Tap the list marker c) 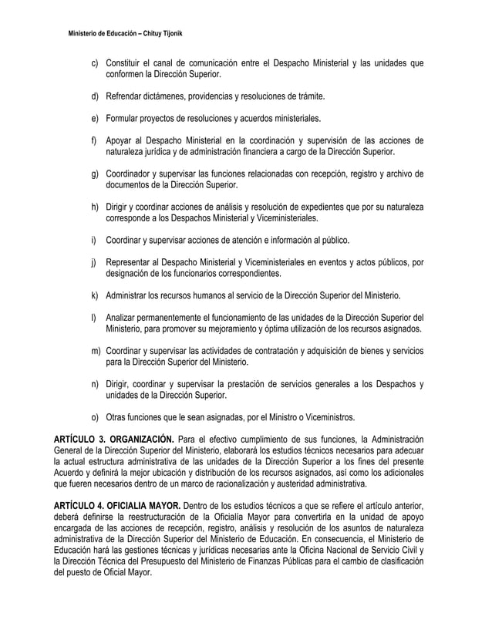click(x=94, y=62)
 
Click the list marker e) click(x=94, y=119)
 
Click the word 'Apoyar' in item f click(x=121, y=141)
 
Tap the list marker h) click(x=94, y=207)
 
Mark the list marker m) click(x=95, y=352)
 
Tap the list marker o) click(x=94, y=418)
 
